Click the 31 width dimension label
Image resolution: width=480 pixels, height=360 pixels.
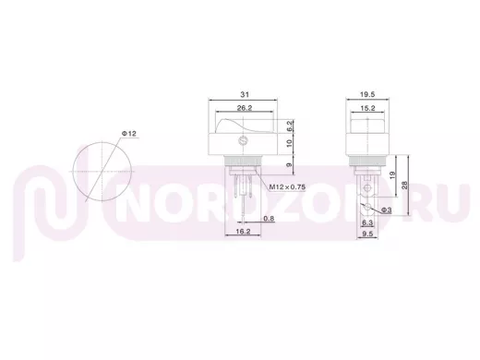click(245, 94)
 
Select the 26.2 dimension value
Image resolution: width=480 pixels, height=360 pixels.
click(245, 108)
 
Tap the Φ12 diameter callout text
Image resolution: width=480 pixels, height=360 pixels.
click(128, 134)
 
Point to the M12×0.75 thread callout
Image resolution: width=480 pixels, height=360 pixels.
click(287, 186)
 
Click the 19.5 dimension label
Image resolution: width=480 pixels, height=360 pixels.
click(367, 94)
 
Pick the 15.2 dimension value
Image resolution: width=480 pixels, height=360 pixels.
click(367, 108)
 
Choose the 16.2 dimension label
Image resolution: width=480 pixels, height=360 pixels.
click(243, 232)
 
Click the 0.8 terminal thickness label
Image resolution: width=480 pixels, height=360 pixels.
click(269, 219)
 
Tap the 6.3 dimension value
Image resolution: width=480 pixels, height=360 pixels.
click(367, 222)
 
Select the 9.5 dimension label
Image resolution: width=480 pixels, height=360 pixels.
click(367, 234)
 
